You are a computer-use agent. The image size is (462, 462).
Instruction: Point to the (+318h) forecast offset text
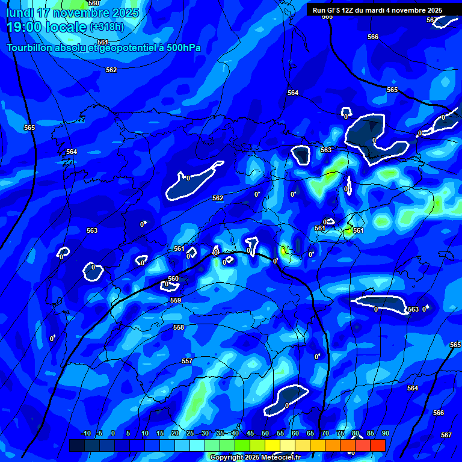(x=106, y=27)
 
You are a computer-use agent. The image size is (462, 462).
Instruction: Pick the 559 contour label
(x=176, y=300)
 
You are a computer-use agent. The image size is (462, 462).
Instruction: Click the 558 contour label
(x=179, y=327)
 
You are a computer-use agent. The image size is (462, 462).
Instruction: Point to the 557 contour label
(x=187, y=361)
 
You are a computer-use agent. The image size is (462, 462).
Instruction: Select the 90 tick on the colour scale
(x=385, y=433)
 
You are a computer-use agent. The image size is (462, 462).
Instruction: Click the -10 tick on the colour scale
(x=85, y=433)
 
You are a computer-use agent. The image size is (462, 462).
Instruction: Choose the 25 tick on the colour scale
(x=189, y=433)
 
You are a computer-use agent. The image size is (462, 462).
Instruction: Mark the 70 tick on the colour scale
(x=325, y=433)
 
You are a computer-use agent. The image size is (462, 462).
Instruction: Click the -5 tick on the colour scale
(x=99, y=433)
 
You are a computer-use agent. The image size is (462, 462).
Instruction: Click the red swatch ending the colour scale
(x=377, y=445)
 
